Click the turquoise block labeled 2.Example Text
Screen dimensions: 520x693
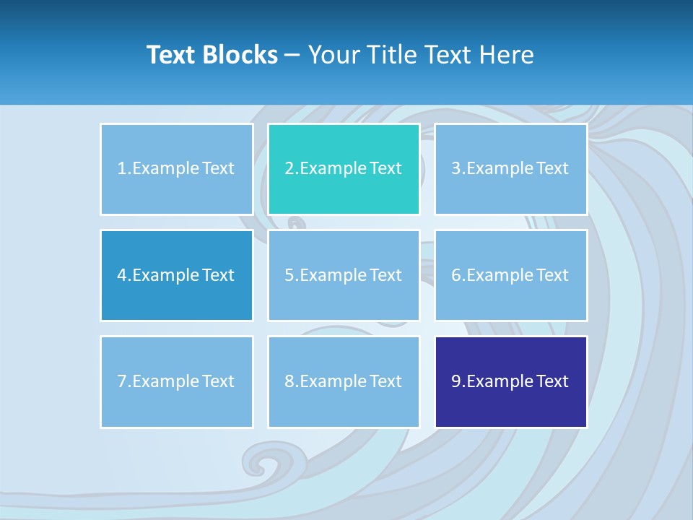[344, 169]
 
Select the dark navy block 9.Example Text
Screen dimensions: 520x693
[510, 381]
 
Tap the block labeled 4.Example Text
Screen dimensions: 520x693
[176, 275]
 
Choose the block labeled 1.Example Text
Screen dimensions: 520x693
[176, 169]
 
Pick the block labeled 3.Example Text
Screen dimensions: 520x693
[510, 169]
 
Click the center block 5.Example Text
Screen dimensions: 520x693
[344, 275]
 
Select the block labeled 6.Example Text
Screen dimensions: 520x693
[510, 275]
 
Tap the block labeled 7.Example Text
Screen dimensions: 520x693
[176, 381]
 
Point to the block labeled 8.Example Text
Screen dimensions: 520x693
[344, 381]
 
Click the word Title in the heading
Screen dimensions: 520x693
[391, 55]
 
